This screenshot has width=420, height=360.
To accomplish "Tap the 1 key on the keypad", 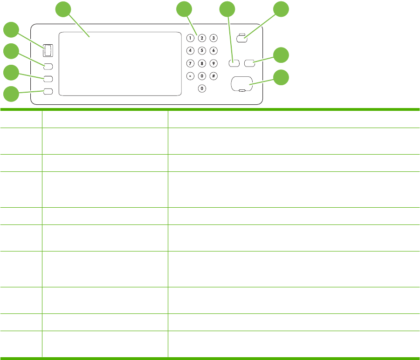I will tap(190, 38).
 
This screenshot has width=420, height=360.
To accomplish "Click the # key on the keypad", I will tap(213, 75).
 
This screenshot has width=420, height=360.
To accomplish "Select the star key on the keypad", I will tap(190, 75).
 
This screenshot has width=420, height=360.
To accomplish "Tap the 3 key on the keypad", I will tap(213, 38).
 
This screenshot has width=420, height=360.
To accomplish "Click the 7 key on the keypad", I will tap(190, 63).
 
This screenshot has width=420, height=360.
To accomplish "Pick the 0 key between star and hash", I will tap(202, 75).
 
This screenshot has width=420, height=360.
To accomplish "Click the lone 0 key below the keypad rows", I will tap(202, 88).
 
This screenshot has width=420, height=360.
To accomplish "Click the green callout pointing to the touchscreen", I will tap(64, 10).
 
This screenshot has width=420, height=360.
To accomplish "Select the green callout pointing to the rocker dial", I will tap(12, 31).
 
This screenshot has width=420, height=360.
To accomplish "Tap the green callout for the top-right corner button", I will tap(281, 10).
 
